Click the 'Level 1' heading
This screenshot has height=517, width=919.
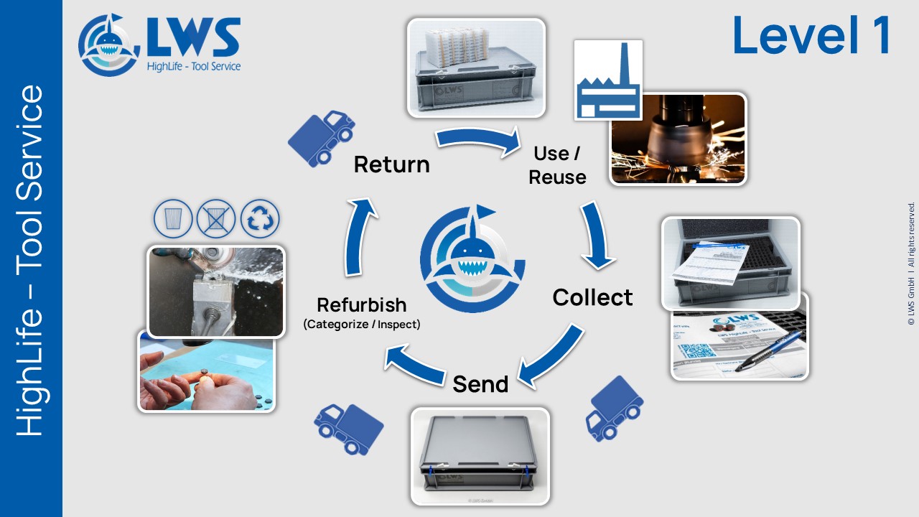(x=811, y=36)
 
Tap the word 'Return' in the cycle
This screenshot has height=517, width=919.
(x=391, y=164)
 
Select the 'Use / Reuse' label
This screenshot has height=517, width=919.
(x=557, y=165)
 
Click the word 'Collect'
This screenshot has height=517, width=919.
(x=592, y=297)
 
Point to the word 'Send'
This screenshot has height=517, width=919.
(x=480, y=384)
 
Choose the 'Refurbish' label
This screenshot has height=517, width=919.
(x=362, y=304)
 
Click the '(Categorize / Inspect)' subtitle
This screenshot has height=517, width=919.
(x=362, y=325)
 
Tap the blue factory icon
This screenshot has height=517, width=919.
(x=608, y=80)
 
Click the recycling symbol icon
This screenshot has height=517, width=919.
(x=260, y=219)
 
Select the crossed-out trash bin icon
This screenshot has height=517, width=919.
(x=216, y=219)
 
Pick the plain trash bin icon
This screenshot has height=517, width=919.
(x=174, y=219)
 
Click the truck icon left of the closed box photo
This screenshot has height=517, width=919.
(x=349, y=428)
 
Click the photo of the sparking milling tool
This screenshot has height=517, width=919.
(x=678, y=139)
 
